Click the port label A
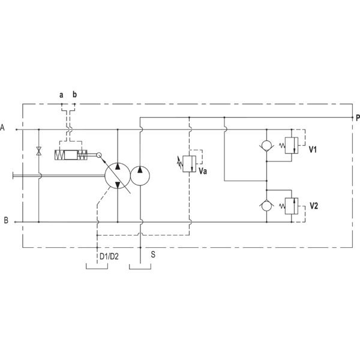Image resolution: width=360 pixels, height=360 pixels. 2,127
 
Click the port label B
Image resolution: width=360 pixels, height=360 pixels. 6,220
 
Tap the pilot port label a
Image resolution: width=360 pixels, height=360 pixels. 61,95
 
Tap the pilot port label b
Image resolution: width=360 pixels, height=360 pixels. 74,94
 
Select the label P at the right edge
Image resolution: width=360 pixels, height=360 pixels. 358,118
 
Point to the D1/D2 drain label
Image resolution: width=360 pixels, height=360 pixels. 109,256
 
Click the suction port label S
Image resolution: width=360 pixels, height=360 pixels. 153,254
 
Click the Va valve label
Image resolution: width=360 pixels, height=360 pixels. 203,171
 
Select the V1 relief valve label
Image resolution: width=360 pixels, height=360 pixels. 313,149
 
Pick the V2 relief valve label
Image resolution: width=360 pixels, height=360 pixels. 314,206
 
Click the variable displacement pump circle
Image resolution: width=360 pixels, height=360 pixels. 118,176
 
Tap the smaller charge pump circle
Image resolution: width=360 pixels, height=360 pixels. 140,176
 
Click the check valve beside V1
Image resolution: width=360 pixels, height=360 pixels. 266,146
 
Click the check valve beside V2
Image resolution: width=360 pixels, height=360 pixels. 266,206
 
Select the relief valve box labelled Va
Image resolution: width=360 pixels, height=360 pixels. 190,164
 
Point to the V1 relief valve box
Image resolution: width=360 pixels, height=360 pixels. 292,145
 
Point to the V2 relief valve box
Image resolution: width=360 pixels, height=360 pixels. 292,206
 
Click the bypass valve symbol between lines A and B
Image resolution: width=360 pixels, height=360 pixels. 39,151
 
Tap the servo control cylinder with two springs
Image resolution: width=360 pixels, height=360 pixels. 71,155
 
